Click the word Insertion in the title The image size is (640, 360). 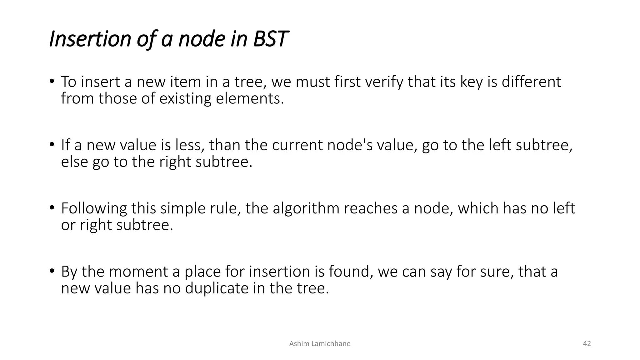90,39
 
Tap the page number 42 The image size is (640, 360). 587,344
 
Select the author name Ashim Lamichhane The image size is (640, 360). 320,344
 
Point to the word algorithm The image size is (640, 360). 306,208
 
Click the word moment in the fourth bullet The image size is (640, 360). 138,272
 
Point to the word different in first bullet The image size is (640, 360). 531,82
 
